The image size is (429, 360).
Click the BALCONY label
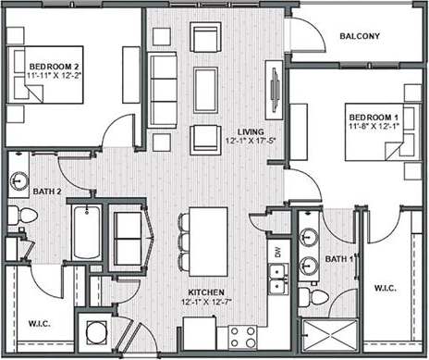pyautogui.click(x=359, y=36)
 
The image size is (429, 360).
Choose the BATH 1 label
pyautogui.click(x=339, y=260)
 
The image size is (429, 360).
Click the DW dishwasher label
pyautogui.click(x=276, y=251)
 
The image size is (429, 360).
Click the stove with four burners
pyautogui.click(x=243, y=335)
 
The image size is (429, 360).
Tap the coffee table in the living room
pyautogui.click(x=205, y=88)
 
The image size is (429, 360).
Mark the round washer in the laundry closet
pyautogui.click(x=94, y=334)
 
